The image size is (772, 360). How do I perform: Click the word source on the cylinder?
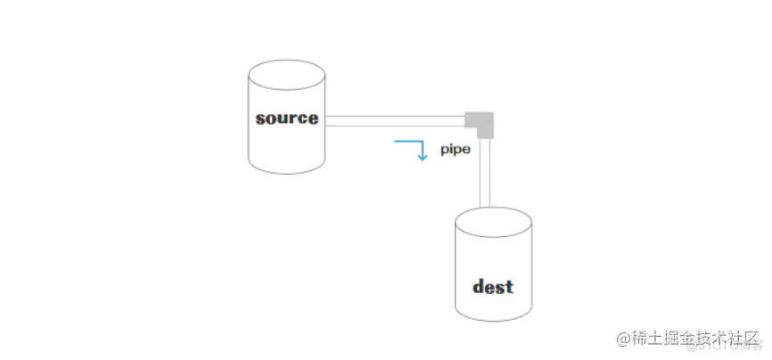[x=286, y=118]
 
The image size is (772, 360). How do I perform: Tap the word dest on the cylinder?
[x=492, y=287]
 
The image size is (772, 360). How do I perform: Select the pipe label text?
[x=455, y=150]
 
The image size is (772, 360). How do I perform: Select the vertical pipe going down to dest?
[x=486, y=174]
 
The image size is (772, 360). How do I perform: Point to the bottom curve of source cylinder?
[x=286, y=170]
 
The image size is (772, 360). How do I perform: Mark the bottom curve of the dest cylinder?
[x=492, y=317]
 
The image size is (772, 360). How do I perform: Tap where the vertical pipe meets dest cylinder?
[x=486, y=210]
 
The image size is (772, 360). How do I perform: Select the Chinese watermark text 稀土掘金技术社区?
[x=686, y=340]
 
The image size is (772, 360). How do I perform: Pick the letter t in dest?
[x=509, y=287]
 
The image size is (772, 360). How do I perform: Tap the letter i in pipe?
[x=450, y=149]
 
